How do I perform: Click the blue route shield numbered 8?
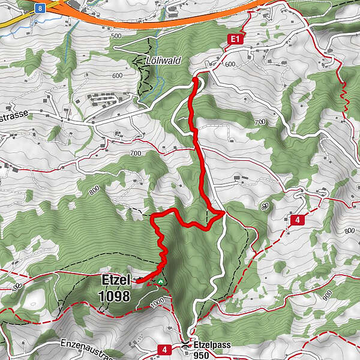point(39,8)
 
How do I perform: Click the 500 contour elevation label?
point(116,36)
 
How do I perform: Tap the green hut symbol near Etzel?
point(160,280)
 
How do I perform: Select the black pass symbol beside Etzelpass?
point(185,346)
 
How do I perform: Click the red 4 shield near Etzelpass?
point(164,349)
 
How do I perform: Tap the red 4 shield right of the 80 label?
point(297,221)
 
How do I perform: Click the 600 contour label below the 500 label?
point(116,75)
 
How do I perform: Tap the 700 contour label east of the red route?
point(259,122)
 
